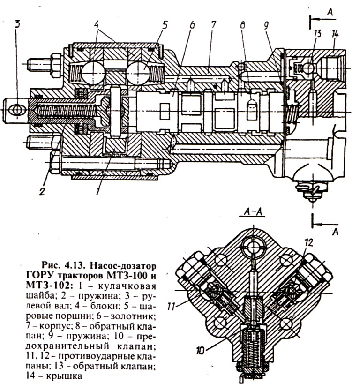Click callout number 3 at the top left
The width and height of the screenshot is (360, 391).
click(x=17, y=24)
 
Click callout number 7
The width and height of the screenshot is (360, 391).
click(x=212, y=24)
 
